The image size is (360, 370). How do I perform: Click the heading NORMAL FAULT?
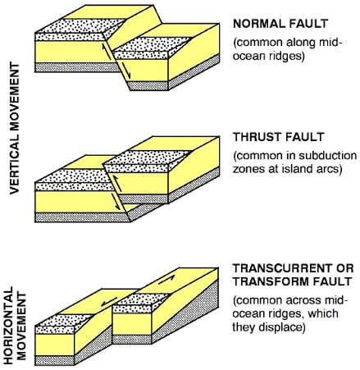pyautogui.click(x=280, y=24)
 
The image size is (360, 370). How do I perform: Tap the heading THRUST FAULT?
pyautogui.click(x=279, y=137)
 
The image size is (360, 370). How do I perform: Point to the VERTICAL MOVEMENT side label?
pyautogui.click(x=15, y=128)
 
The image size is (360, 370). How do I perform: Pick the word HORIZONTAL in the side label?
pyautogui.click(x=9, y=325)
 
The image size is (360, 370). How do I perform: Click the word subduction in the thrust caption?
pyautogui.click(x=328, y=155)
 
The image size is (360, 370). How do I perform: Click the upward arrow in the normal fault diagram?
pyautogui.click(x=107, y=53)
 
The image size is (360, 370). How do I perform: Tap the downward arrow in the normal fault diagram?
pyautogui.click(x=125, y=71)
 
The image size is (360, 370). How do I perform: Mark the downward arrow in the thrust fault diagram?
pyautogui.click(x=116, y=202)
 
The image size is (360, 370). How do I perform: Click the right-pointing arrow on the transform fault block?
pyautogui.click(x=166, y=279)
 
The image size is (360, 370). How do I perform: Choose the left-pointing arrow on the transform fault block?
pyautogui.click(x=109, y=302)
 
